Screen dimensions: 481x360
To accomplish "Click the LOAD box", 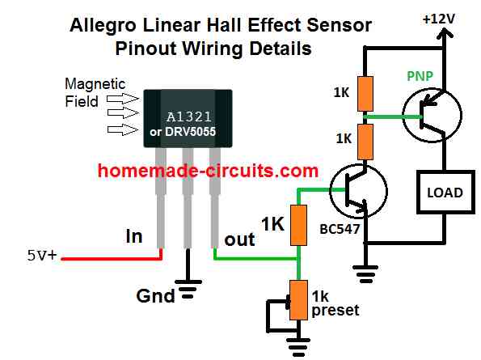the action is tap(445, 192).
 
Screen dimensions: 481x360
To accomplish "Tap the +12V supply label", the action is tap(438, 19).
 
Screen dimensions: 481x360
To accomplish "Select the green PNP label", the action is tap(420, 76).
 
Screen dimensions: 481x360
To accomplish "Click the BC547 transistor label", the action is tap(340, 229).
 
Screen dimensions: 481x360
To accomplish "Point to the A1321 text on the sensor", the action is tap(189, 116).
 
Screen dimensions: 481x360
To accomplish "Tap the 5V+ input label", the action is tap(42, 255).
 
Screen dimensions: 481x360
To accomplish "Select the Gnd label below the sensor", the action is tap(155, 296).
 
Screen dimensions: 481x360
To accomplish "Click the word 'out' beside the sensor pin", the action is tap(239, 239).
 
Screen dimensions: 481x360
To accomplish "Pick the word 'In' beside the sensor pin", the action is tap(134, 236).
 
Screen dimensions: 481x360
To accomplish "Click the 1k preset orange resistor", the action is tap(299, 300).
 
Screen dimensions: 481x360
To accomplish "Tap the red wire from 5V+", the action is tap(112, 259).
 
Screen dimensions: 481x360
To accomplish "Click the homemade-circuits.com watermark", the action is tap(208, 171).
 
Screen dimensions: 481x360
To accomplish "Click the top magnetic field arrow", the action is tap(123, 99).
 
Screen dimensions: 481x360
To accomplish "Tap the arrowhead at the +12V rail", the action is tap(443, 32).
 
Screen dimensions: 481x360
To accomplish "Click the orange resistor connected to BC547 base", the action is tap(298, 225).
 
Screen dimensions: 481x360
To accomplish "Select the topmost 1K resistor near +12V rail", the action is tap(365, 94).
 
